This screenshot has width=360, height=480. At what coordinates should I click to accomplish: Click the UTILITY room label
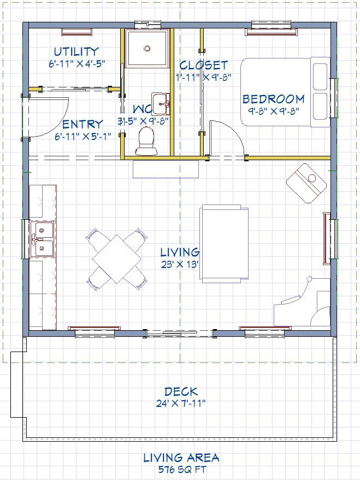click(76, 51)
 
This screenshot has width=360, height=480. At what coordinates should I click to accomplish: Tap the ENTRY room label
click(82, 124)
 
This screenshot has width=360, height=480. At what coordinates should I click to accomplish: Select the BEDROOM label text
click(274, 99)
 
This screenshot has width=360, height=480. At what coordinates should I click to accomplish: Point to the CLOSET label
click(203, 65)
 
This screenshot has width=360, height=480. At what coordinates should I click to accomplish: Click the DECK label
click(181, 391)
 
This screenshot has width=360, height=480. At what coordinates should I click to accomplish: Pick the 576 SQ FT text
click(182, 469)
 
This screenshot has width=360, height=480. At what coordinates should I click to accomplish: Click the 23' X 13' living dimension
click(180, 265)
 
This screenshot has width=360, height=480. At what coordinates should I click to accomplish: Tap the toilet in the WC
click(146, 141)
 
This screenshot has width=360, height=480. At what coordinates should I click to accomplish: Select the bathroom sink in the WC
click(161, 104)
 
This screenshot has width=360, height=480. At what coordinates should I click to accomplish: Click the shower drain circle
click(147, 48)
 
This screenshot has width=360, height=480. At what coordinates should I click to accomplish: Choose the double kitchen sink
click(42, 239)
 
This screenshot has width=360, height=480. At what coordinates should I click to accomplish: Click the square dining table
click(117, 259)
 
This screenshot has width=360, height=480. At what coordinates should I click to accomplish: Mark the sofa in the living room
click(224, 244)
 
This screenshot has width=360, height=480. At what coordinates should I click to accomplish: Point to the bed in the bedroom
click(285, 92)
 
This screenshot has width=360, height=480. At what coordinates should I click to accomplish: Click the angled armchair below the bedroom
click(306, 183)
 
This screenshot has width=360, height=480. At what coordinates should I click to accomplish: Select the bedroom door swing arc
click(233, 132)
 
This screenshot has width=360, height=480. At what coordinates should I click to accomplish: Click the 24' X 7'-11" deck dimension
click(181, 403)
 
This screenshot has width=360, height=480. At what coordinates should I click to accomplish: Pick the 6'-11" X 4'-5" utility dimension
click(77, 64)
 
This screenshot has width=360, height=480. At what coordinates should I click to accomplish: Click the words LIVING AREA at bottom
click(181, 458)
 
